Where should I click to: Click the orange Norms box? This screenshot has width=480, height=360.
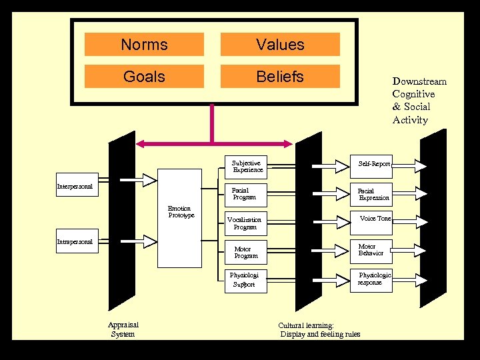[x=144, y=45]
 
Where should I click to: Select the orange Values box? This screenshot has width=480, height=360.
[x=280, y=45]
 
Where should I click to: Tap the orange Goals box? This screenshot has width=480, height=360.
[x=144, y=77]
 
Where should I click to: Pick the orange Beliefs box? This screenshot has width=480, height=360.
[x=280, y=77]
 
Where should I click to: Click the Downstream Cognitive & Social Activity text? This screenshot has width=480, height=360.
[x=419, y=101]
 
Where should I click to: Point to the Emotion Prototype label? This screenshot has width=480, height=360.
[x=181, y=212]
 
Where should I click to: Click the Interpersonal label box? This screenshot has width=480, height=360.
[x=75, y=186]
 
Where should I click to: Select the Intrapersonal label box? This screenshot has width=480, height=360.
[x=75, y=241]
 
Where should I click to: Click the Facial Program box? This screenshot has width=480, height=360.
[x=245, y=194]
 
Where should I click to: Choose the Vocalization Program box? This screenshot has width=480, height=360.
[x=245, y=223]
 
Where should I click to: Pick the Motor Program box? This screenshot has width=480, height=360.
[x=245, y=252]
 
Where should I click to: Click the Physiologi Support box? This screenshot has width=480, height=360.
[x=245, y=280]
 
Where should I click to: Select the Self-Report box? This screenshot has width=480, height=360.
[x=374, y=163]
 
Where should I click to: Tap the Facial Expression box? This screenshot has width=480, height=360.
[x=373, y=195]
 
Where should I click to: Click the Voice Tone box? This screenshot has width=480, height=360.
[x=374, y=219]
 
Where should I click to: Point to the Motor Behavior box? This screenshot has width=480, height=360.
[x=371, y=250]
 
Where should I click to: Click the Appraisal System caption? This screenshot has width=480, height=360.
[x=123, y=329]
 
